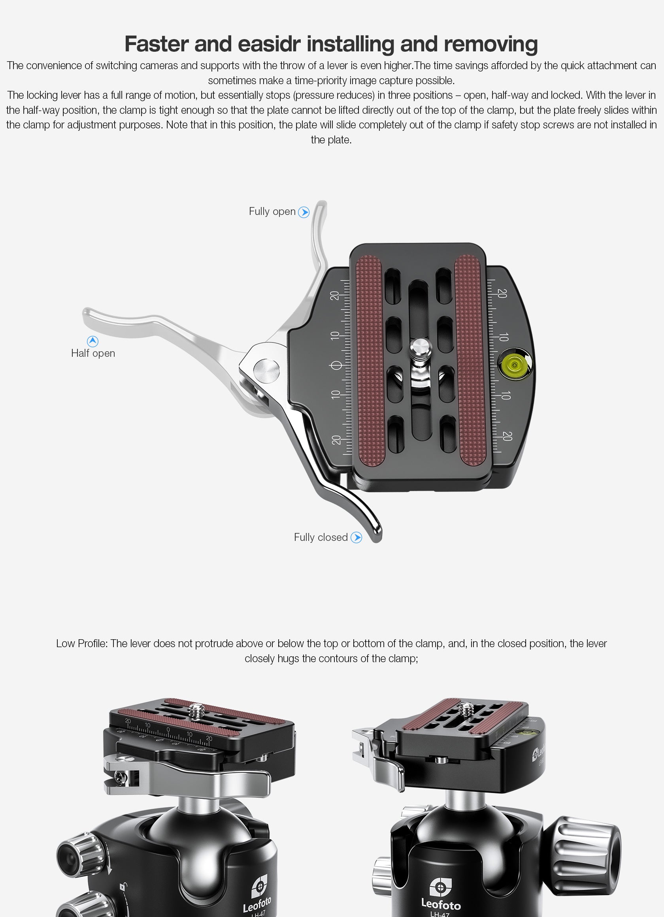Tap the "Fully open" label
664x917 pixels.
272,211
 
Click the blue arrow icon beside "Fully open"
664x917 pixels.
304,212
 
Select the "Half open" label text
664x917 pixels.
93,353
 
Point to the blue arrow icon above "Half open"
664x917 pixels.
92,341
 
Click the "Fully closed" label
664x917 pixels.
321,537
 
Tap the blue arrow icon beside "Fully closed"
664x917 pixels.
356,537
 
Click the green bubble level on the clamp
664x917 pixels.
514,365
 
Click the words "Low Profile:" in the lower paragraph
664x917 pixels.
82,644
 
